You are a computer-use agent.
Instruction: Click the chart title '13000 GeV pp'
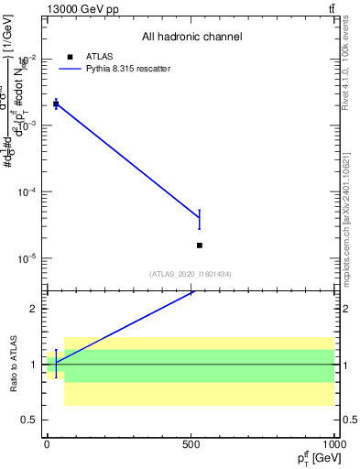click(82, 9)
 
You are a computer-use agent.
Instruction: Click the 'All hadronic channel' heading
click(191, 38)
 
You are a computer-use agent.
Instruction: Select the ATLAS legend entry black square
click(71, 57)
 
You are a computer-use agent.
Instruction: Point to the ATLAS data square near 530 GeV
click(199, 245)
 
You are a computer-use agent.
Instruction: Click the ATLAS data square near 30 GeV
click(56, 104)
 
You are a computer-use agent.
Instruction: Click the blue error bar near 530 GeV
click(199, 219)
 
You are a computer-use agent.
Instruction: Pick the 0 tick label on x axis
click(47, 443)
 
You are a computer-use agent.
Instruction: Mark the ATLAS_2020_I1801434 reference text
click(191, 274)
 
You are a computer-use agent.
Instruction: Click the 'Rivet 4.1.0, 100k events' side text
click(352, 64)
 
